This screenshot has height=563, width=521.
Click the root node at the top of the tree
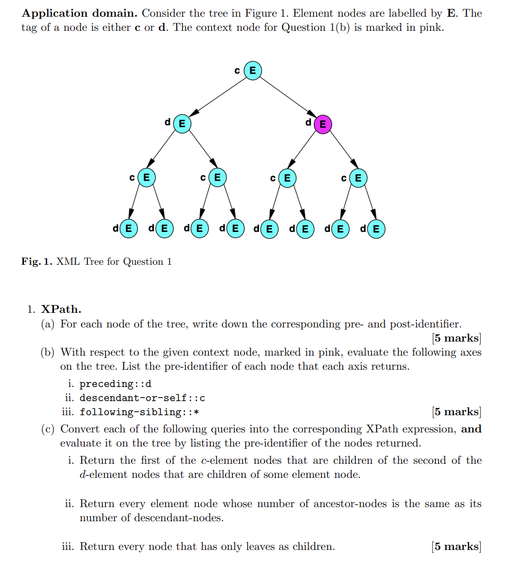[x=252, y=71]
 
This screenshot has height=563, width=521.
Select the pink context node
[x=322, y=124]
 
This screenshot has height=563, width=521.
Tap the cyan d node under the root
[x=182, y=124]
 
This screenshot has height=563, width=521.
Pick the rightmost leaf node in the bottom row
[x=376, y=229]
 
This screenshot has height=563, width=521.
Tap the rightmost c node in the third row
[x=358, y=178]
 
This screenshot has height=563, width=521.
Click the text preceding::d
[x=115, y=384]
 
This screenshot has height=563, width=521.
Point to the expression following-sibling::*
[x=139, y=412]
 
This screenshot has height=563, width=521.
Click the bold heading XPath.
[x=61, y=309]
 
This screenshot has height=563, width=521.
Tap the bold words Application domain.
[x=79, y=13]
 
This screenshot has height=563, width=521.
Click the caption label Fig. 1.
[x=36, y=262]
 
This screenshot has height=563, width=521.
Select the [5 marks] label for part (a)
[x=456, y=338]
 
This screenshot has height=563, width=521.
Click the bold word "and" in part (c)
[x=471, y=429]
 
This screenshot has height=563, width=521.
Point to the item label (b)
[x=48, y=353]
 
